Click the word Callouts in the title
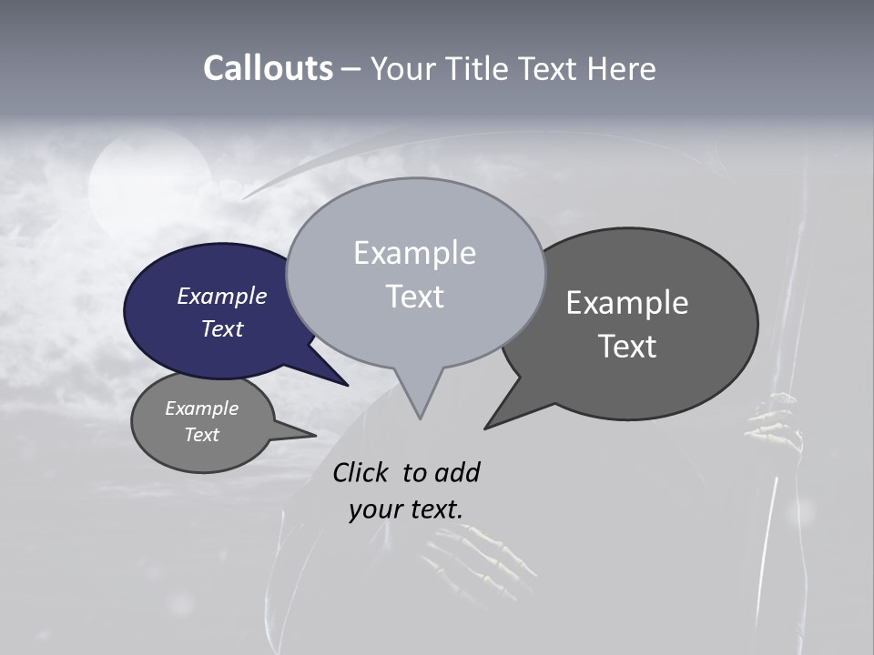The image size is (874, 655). (x=268, y=68)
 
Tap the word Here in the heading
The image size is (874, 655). (x=619, y=68)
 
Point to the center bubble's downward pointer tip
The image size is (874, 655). (x=420, y=418)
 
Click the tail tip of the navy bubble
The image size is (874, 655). (x=347, y=385)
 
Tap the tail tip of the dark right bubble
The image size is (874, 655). (x=485, y=428)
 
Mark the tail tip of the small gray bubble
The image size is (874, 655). (x=315, y=435)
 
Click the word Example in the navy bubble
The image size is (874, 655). (x=222, y=296)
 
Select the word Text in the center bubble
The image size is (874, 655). (x=415, y=297)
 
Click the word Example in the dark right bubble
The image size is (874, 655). (x=627, y=302)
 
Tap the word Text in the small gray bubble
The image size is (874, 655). (x=202, y=435)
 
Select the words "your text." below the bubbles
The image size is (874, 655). (x=406, y=509)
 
